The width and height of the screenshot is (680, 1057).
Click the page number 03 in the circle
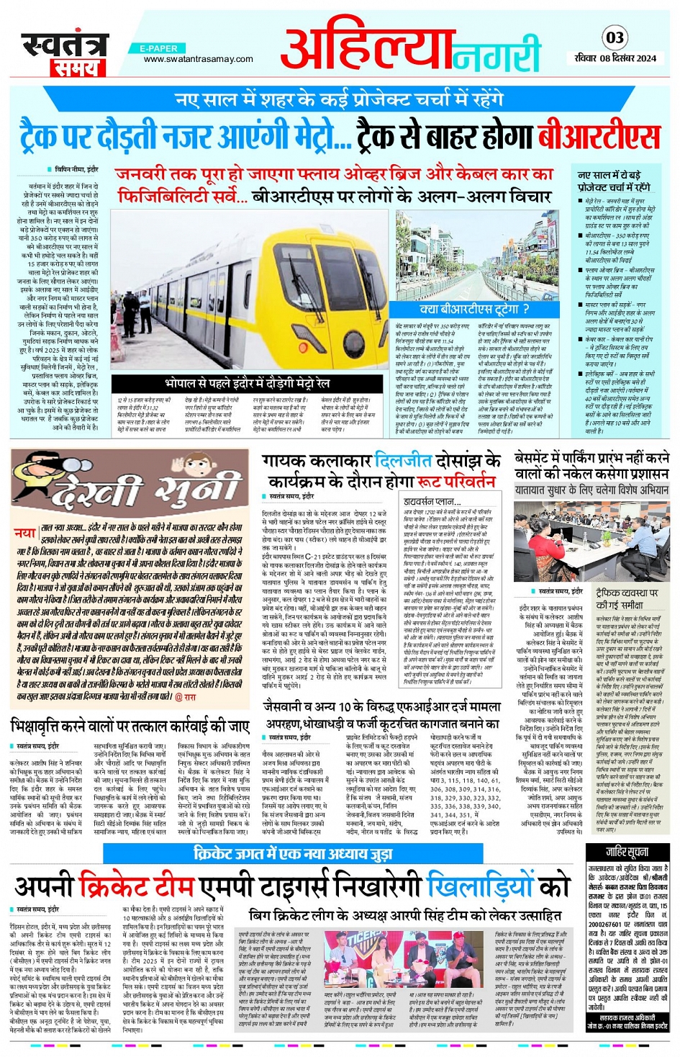click(615, 37)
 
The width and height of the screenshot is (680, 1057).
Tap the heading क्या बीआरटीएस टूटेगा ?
click(475, 310)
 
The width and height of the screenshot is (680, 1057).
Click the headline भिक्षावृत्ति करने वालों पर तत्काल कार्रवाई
click(130, 725)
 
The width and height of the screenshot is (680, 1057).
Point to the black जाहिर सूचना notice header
click(627, 853)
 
